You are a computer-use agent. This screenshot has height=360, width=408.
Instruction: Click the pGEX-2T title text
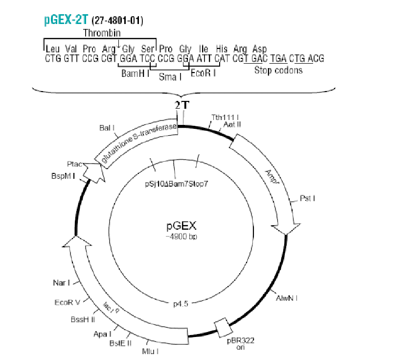pos(66,20)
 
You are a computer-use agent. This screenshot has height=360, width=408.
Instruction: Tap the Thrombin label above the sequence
pos(102,33)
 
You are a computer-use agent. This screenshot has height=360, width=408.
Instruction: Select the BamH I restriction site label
pos(136,73)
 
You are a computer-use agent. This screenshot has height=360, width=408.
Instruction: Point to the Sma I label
pos(170,77)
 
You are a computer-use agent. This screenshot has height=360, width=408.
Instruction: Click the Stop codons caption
pos(278,71)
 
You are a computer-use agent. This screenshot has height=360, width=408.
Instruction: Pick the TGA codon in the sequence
pos(278,58)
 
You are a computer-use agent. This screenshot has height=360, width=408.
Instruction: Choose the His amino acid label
pos(222,48)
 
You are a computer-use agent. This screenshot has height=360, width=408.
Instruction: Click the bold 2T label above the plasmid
pos(181,105)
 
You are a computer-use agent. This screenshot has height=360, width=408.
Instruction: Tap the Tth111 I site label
pos(226,118)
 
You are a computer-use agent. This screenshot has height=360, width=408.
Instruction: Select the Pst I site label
pos(307,198)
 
